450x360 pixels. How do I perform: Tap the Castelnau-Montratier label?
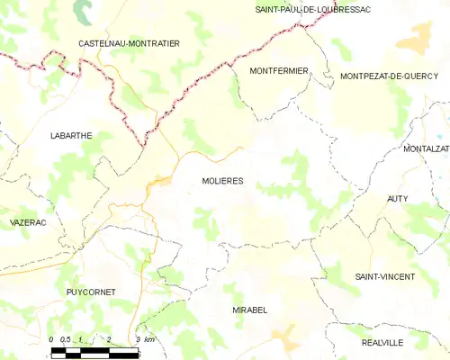pyautogui.click(x=130, y=43)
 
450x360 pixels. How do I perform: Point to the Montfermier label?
pyautogui.click(x=279, y=70)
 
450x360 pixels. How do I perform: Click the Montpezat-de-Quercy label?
pyautogui.click(x=389, y=77)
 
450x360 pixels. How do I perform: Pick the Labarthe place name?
pyautogui.click(x=71, y=136)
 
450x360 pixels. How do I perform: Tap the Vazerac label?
pyautogui.click(x=28, y=221)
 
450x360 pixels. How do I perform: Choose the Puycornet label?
pyautogui.click(x=92, y=292)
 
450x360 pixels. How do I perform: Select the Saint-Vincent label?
pyautogui.click(x=383, y=275)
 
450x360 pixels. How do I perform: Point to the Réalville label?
pyautogui.click(x=383, y=343)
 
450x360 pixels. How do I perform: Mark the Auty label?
pyautogui.click(x=397, y=198)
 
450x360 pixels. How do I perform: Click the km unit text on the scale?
pyautogui.click(x=150, y=339)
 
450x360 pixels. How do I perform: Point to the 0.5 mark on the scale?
pyautogui.click(x=66, y=339)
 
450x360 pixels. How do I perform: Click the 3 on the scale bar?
pyautogui.click(x=138, y=339)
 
